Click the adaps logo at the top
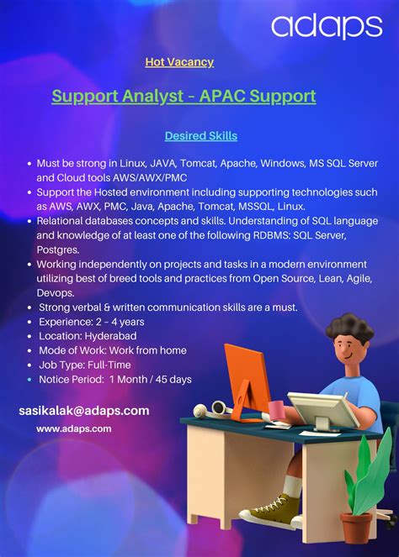coord(327,26)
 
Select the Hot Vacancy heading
coord(179,62)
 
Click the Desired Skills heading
coord(201,135)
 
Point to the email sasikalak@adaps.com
coord(84,411)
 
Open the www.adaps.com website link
coord(74,428)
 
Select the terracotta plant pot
coord(357,527)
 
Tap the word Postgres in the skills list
coord(58,250)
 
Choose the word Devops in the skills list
coord(56,293)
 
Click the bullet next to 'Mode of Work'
coord(29,350)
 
